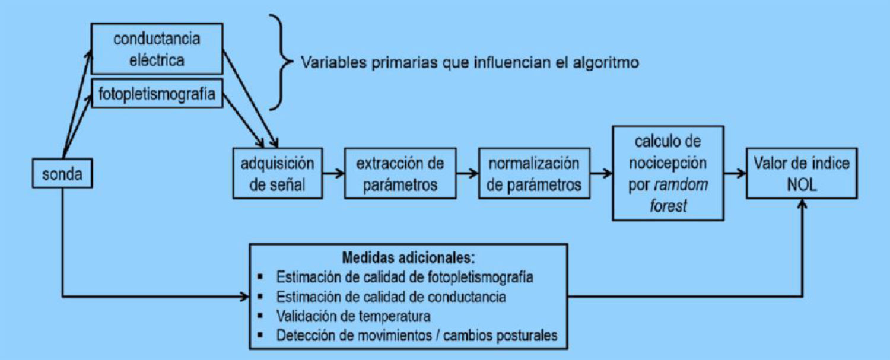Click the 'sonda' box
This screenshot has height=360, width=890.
[62, 174]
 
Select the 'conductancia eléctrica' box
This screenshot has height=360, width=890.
[157, 49]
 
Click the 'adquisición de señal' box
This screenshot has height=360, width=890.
[278, 174]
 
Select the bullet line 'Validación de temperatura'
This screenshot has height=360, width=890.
[354, 315]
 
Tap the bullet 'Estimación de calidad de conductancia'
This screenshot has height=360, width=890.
[391, 296]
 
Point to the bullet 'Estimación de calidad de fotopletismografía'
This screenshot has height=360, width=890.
[404, 277]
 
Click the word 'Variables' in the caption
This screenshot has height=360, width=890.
[328, 62]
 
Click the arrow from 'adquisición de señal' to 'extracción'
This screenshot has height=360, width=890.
[333, 174]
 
